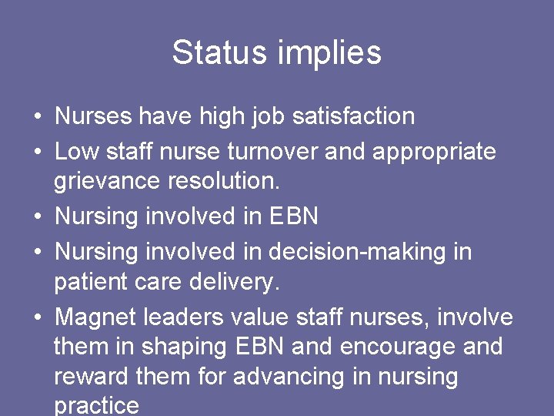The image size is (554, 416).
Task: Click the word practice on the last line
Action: (x=97, y=405)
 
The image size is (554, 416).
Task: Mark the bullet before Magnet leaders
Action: (x=37, y=317)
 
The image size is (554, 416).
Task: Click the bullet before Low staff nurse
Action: (x=37, y=153)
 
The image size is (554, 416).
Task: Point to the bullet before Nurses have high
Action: (x=37, y=117)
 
